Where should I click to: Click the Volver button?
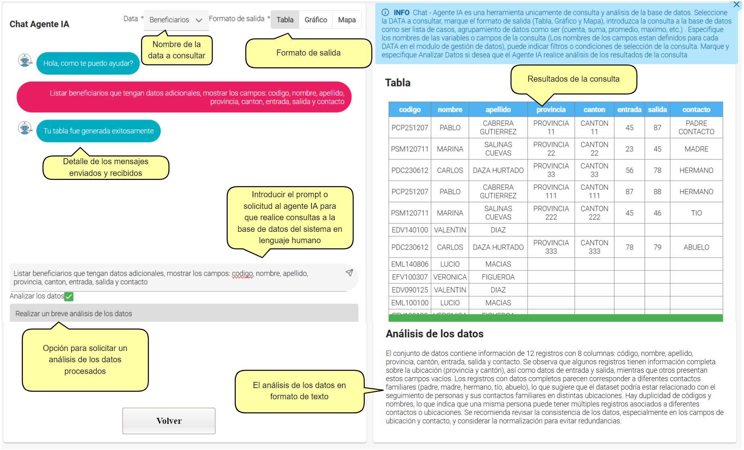(169, 421)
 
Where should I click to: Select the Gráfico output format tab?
(316, 20)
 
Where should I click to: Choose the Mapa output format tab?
(347, 20)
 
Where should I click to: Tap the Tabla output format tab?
(285, 20)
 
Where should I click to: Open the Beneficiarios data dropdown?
(176, 20)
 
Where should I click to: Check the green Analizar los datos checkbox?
(69, 297)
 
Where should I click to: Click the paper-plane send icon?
(349, 273)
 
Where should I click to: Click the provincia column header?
(551, 109)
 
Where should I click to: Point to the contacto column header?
(696, 109)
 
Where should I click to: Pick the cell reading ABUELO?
(696, 247)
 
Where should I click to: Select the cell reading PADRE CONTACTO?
(696, 128)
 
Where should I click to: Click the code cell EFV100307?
(409, 277)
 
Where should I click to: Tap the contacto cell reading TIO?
(696, 213)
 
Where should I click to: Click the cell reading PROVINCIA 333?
(551, 247)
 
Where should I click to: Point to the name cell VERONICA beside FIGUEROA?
(450, 277)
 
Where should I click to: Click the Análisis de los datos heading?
(434, 334)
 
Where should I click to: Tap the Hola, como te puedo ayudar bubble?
(88, 63)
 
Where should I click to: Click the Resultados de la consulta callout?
(573, 79)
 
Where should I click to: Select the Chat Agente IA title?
(39, 24)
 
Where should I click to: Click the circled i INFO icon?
(385, 12)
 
